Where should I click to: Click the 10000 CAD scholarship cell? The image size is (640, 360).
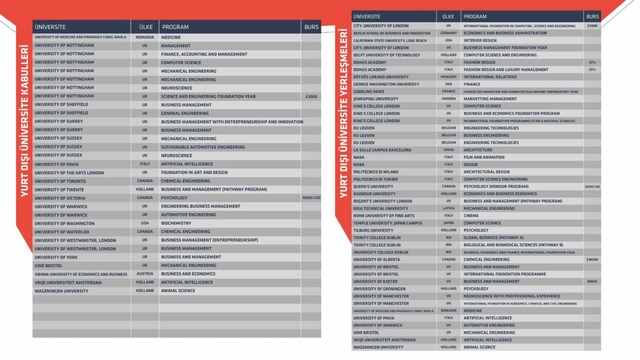(x=311, y=198)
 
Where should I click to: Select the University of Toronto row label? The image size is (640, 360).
(x=60, y=181)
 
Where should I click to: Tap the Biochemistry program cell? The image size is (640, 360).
(x=176, y=223)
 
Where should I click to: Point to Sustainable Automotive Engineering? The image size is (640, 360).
(x=203, y=147)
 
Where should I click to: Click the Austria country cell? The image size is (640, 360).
(x=145, y=273)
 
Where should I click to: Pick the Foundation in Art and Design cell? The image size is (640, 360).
(x=194, y=172)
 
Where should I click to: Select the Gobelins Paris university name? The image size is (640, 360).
(x=369, y=92)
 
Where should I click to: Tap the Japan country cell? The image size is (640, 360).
(x=449, y=223)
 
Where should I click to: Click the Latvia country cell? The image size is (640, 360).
(x=449, y=208)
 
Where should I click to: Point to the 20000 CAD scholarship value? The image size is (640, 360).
(x=592, y=187)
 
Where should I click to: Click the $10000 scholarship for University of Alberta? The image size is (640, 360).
(x=592, y=259)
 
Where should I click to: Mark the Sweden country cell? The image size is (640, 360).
(x=449, y=99)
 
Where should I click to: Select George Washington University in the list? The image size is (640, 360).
(x=386, y=84)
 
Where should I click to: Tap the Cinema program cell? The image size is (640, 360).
(x=471, y=216)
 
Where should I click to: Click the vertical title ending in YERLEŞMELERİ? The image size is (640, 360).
(x=343, y=113)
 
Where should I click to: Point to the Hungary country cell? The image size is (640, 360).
(x=449, y=77)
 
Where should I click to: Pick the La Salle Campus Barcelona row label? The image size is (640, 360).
(x=382, y=150)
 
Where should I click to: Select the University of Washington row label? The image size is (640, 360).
(x=65, y=223)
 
